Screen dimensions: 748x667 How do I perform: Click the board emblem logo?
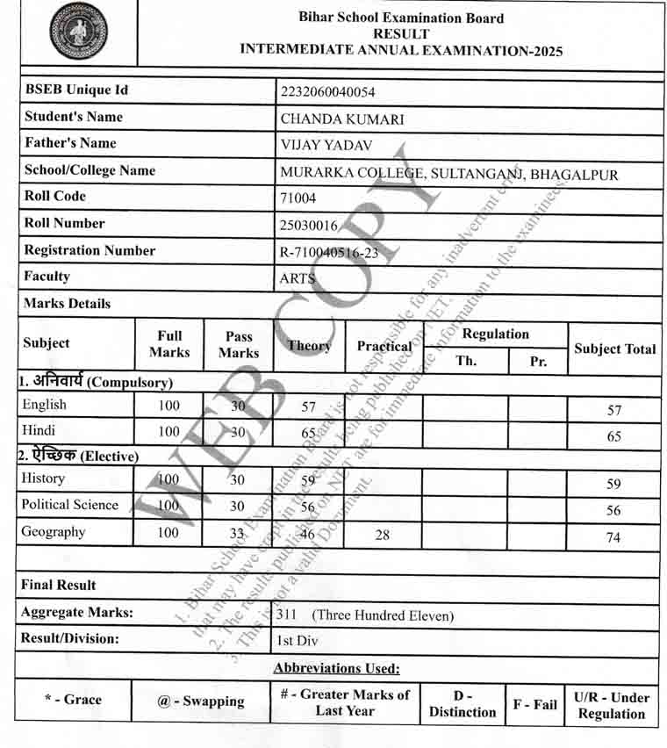[x=79, y=32]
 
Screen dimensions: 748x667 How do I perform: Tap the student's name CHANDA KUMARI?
[x=341, y=119]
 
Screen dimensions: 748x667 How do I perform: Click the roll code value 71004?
[x=298, y=198]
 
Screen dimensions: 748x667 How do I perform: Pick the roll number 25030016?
[x=308, y=226]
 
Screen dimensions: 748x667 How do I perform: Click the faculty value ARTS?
[x=298, y=278]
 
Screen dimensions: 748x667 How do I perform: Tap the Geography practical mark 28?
[x=382, y=534]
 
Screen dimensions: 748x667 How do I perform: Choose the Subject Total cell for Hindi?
[x=613, y=436]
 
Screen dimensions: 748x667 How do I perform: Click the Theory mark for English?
[x=308, y=406]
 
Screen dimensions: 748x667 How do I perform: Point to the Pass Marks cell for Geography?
[x=238, y=533]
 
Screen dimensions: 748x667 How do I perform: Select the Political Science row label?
[x=69, y=505]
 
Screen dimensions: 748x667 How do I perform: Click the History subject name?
[x=43, y=478]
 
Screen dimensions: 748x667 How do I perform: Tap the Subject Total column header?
[x=614, y=349]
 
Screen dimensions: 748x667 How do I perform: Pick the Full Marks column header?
[x=169, y=344]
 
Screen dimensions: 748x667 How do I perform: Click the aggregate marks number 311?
[x=286, y=615]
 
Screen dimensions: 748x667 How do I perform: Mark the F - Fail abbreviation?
[x=534, y=704]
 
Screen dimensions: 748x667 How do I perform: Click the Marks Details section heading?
[x=68, y=304]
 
